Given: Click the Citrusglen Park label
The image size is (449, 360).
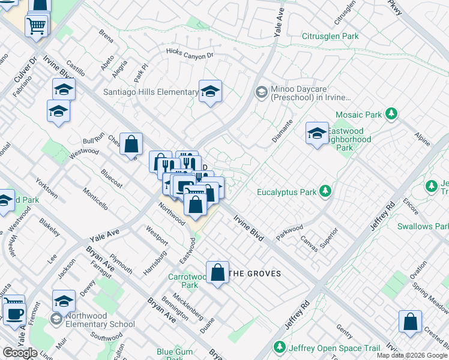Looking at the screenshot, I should pos(330,37).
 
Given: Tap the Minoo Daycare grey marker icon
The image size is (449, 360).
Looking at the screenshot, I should pos(261,92).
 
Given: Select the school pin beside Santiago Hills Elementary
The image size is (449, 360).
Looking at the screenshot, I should pos(210,92).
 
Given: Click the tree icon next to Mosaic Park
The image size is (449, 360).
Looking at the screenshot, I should pos(391,113).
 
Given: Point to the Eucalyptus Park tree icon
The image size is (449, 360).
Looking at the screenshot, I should pos(325,192).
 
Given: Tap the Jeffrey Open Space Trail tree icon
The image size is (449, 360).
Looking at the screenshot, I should pos(279,347).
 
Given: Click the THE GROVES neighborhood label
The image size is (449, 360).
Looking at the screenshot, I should pos(256,274).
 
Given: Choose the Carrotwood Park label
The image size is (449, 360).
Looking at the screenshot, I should pos(186,281).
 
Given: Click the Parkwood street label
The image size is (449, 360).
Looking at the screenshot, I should pos(289,232).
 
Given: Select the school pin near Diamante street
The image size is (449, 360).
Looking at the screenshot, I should pos(316,134).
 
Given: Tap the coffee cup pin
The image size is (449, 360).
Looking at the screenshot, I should pos(14,313).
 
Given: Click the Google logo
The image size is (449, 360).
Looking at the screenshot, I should pos(20,353).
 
